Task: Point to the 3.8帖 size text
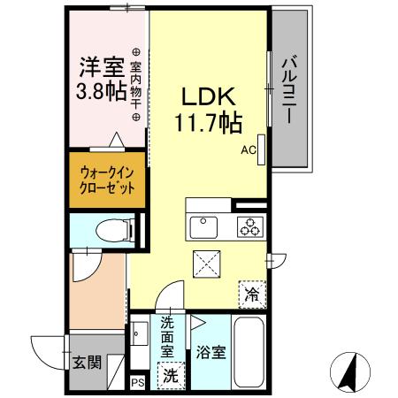[x=100, y=91]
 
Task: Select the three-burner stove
[x=249, y=226]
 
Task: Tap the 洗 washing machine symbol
[x=171, y=374]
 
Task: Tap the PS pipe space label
[x=137, y=383]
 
